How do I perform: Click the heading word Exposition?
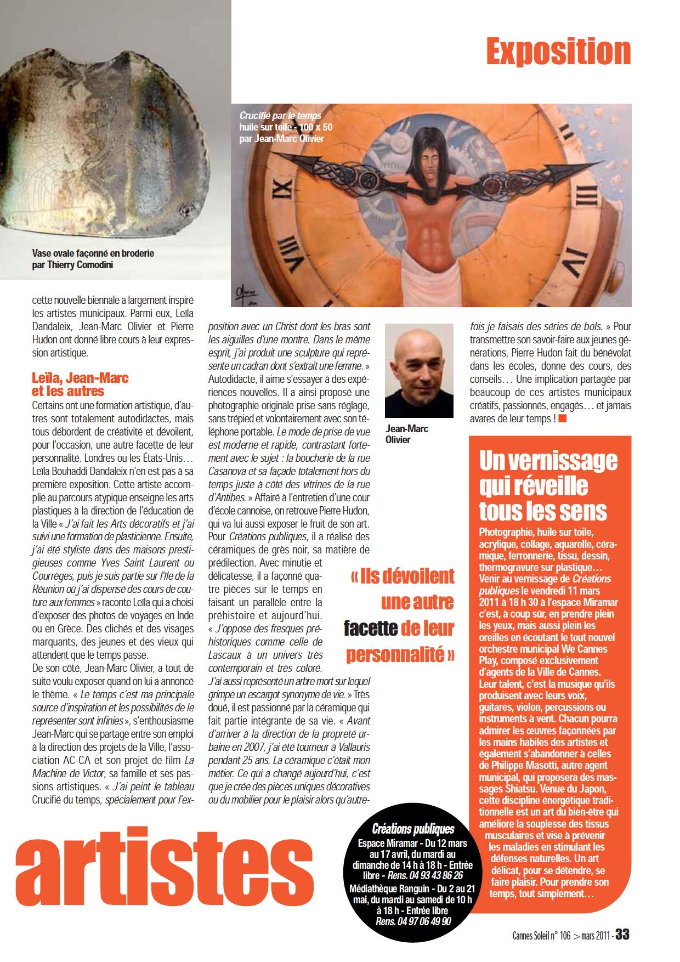[558, 52]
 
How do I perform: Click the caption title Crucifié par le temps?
[280, 116]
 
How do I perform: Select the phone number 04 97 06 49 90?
[413, 921]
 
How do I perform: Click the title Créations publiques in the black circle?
[413, 829]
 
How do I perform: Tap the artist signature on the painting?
[252, 290]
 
